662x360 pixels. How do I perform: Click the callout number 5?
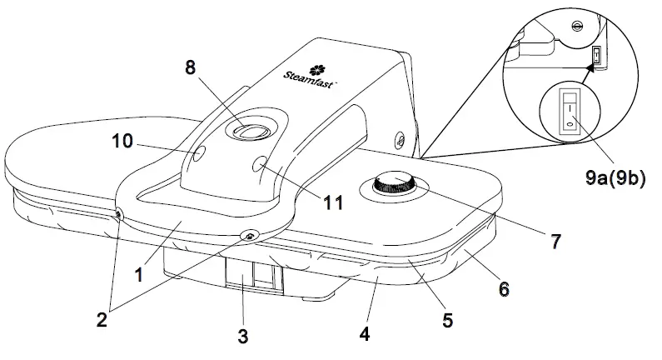point(447,318)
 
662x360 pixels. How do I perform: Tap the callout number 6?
point(502,288)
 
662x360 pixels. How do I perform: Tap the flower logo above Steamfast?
point(316,69)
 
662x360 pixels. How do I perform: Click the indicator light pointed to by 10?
point(198,153)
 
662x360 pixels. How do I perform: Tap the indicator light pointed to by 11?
point(261,163)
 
